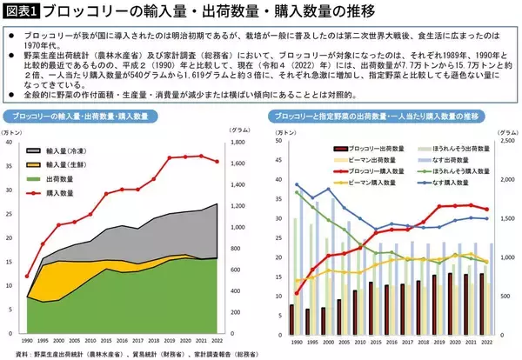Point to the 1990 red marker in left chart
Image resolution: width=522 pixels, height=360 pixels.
click(x=28, y=277)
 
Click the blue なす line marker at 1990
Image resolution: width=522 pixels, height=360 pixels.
click(x=298, y=184)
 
